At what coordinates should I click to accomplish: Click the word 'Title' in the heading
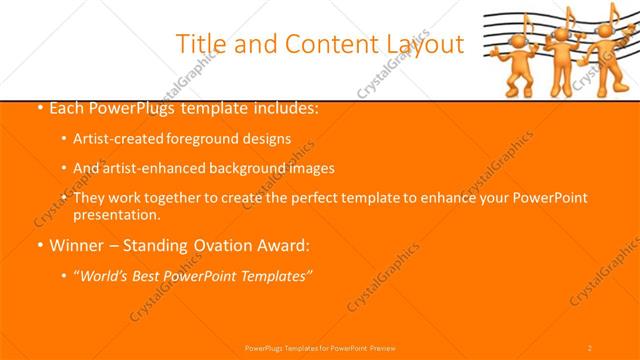(201, 44)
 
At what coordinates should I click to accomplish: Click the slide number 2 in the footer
(590, 347)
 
